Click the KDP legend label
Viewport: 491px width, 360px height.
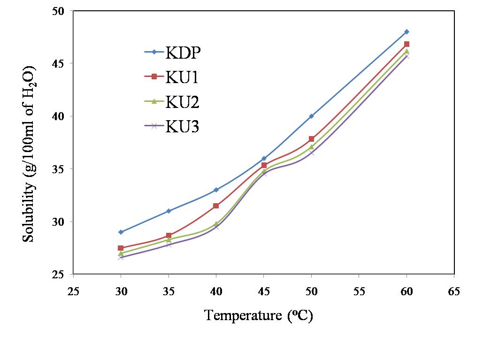pos(183,52)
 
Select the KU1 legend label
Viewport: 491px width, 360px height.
pos(182,77)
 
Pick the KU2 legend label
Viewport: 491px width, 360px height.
pos(182,102)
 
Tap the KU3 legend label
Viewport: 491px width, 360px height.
pos(182,127)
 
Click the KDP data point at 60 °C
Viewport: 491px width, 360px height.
pos(407,31)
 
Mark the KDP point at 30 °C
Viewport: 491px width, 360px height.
pos(121,232)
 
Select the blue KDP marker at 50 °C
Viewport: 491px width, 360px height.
pos(311,116)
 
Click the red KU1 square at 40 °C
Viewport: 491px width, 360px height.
pos(216,206)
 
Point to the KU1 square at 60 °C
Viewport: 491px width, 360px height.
pos(407,44)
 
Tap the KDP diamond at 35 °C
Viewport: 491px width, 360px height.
pos(169,211)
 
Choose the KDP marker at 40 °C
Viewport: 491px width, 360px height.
pos(216,190)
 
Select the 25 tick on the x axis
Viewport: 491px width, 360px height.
pos(74,291)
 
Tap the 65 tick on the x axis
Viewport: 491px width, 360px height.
pos(454,291)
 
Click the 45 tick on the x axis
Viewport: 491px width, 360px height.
pos(264,291)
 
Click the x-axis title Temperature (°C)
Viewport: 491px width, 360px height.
pos(259,315)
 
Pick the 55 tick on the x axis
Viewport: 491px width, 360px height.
pos(359,291)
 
